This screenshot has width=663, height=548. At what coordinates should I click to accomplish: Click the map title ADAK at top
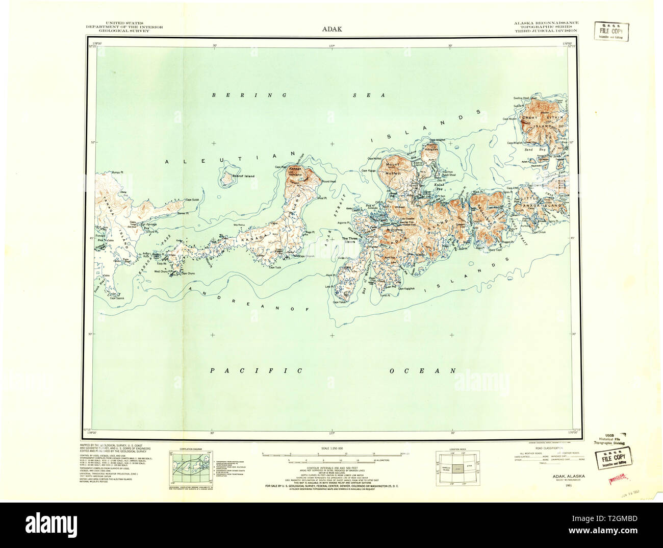point(331,29)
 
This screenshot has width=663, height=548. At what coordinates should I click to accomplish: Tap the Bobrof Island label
point(243,176)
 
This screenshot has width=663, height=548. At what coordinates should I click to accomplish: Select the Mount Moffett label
point(393,169)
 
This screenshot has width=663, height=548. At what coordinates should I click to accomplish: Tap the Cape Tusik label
point(275,267)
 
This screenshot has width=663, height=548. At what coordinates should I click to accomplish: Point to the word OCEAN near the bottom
point(422,371)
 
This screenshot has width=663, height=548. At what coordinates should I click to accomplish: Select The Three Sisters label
point(349,240)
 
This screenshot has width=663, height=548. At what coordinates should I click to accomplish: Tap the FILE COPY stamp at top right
point(611,31)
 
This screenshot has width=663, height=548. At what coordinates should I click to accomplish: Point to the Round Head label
point(329,181)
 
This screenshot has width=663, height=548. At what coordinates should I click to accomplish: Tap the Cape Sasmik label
point(117,298)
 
